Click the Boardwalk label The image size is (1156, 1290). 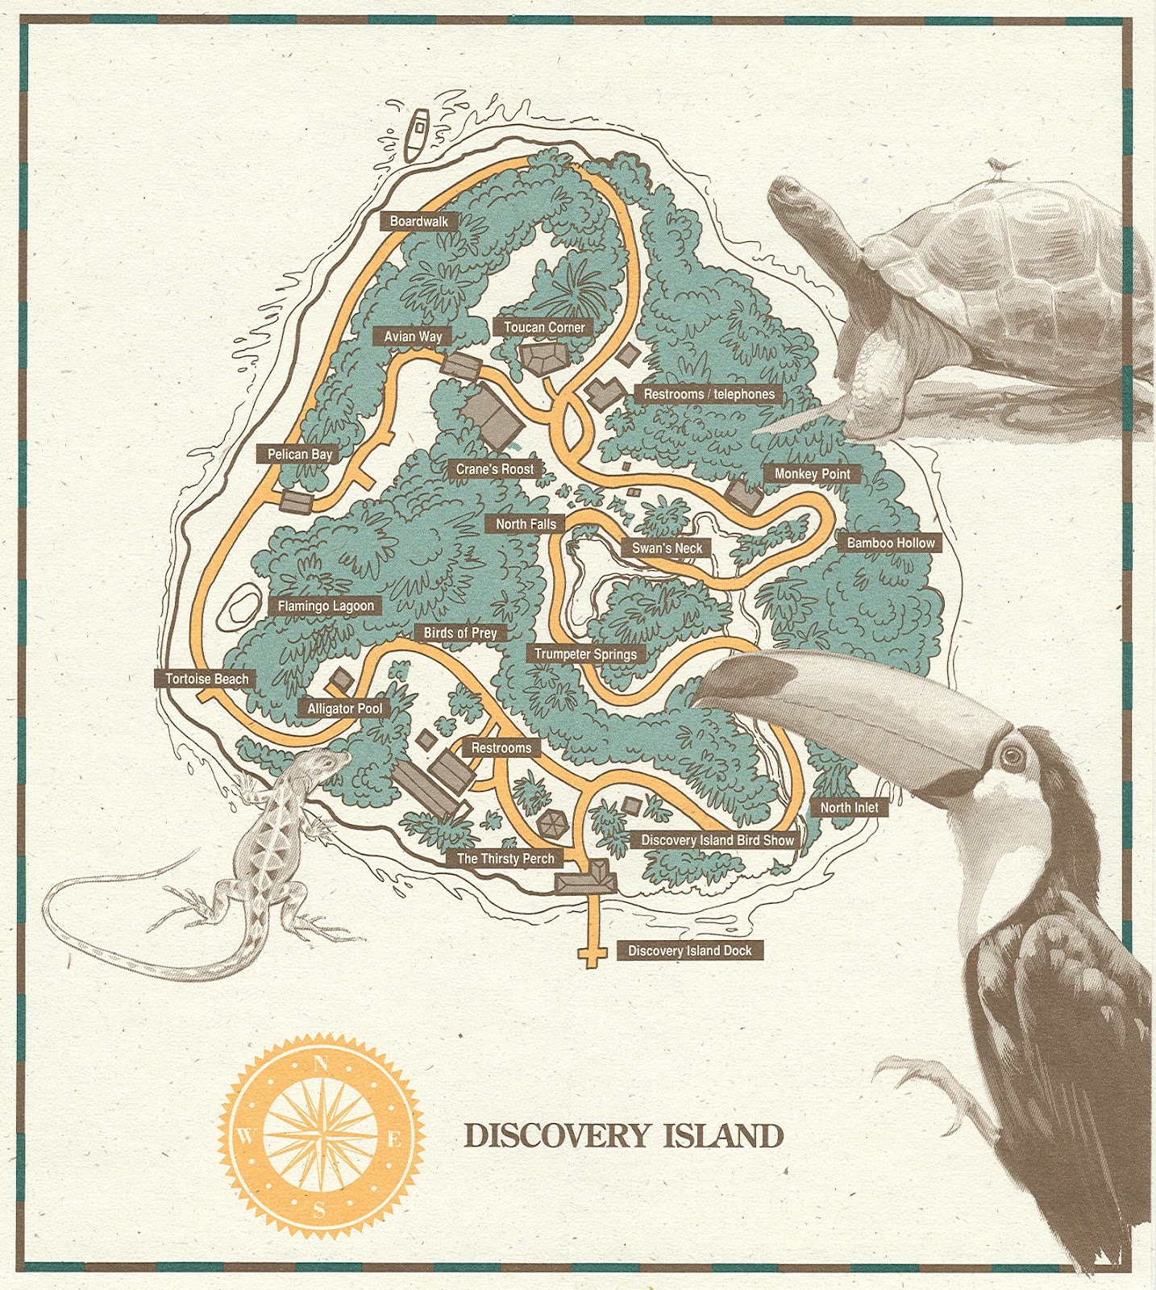pos(419,221)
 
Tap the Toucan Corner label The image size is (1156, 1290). pos(544,327)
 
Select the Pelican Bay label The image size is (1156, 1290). pos(300,454)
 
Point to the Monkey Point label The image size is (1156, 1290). pos(812,474)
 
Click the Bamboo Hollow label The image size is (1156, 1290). pos(890,543)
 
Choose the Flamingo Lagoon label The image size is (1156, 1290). pos(326,605)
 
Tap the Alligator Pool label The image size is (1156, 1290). pos(344,709)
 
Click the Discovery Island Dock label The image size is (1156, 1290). pos(689,951)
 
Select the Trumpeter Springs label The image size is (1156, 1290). pos(585,654)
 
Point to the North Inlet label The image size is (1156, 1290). pos(849,807)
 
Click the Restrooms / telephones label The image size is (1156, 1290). pos(709,394)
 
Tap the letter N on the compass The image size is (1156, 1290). pos(320,1063)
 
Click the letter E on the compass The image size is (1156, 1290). pos(394,1139)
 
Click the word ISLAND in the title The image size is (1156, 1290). pos(723,1136)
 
